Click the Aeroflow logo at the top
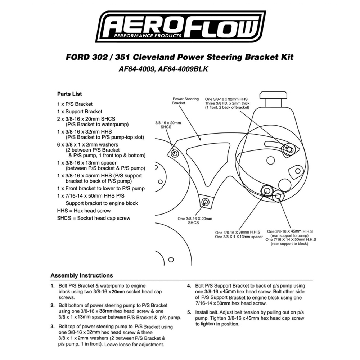coord(182,27)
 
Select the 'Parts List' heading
coord(69,94)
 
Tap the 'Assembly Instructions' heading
coord(81,276)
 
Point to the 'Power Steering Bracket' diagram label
coord(185,100)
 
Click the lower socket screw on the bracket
coord(206,202)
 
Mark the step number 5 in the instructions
coord(189,312)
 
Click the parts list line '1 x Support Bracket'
coord(80,112)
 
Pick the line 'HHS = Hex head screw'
coord(84,211)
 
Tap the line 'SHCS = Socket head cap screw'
coord(94,218)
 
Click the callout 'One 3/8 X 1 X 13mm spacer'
coord(238,237)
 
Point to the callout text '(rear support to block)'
coord(291,244)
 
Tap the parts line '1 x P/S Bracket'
coord(75,104)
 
